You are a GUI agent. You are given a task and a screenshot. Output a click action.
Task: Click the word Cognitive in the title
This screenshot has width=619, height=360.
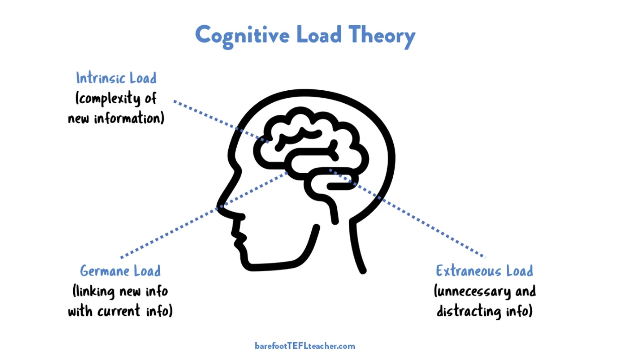pyautogui.click(x=242, y=36)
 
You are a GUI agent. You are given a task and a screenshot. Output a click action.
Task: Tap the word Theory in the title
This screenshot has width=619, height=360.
pyautogui.click(x=382, y=36)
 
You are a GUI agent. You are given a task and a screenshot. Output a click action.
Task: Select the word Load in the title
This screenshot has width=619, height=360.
pyautogui.click(x=319, y=35)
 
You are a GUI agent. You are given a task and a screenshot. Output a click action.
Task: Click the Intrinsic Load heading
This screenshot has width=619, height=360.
pyautogui.click(x=116, y=78)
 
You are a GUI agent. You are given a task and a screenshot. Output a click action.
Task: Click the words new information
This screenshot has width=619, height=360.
pyautogui.click(x=116, y=119)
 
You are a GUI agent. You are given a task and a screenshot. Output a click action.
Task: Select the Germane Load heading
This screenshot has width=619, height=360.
pyautogui.click(x=120, y=271)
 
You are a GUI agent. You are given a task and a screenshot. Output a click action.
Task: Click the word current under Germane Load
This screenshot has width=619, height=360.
pyautogui.click(x=119, y=311)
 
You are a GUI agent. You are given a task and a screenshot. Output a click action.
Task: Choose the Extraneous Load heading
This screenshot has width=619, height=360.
pyautogui.click(x=484, y=271)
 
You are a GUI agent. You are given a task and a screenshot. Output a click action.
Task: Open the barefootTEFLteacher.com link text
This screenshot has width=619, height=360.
pyautogui.click(x=305, y=346)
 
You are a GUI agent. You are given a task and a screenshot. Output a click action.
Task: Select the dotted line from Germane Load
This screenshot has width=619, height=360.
pyautogui.click(x=171, y=232)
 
